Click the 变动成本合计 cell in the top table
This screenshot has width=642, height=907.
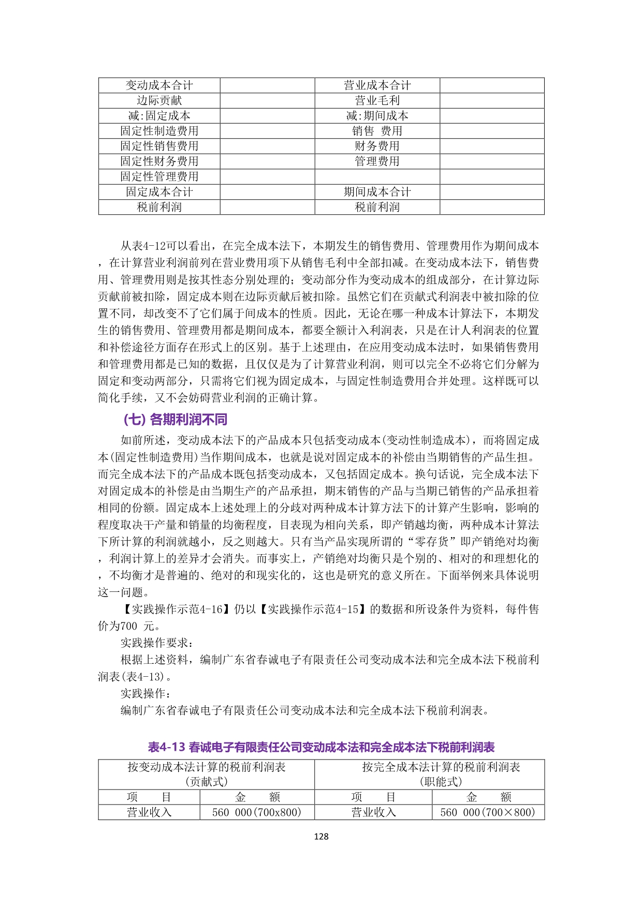click(159, 85)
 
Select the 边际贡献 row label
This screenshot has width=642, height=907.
click(159, 100)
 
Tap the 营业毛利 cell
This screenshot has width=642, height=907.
click(377, 100)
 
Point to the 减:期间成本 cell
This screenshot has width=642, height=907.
click(377, 115)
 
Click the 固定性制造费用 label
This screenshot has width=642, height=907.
click(159, 131)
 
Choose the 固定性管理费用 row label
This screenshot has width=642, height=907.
click(159, 176)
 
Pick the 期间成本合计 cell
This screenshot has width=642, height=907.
click(377, 192)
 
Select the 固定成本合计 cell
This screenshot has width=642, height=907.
click(159, 192)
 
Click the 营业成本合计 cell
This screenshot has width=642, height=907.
click(377, 85)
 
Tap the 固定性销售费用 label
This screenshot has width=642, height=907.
click(159, 146)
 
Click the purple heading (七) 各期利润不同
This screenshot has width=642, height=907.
click(176, 419)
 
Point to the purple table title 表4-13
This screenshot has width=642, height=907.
click(321, 747)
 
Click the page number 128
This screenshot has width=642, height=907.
click(321, 836)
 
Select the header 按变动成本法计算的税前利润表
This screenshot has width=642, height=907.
click(207, 767)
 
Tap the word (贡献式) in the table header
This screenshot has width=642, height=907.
click(207, 782)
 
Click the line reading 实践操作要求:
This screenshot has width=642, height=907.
click(158, 643)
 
